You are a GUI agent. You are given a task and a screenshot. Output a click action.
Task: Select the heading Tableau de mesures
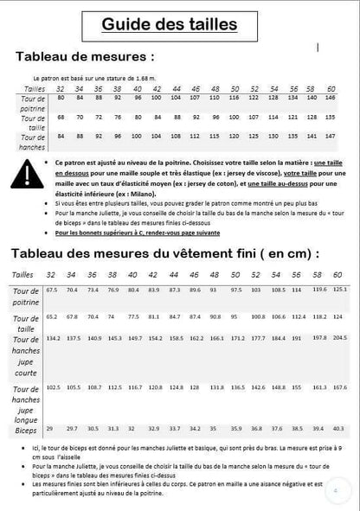(87, 57)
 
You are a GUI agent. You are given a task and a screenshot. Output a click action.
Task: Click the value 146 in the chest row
(330, 97)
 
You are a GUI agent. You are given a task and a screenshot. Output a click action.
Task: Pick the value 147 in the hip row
(330, 136)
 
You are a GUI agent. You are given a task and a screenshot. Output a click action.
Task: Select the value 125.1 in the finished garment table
(340, 290)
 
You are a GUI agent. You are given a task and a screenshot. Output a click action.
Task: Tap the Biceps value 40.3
(340, 428)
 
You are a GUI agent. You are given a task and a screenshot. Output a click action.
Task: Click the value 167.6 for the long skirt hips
(340, 387)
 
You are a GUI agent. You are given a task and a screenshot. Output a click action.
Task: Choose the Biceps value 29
(49, 428)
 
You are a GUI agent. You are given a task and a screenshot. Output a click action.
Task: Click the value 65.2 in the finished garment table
(52, 316)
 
